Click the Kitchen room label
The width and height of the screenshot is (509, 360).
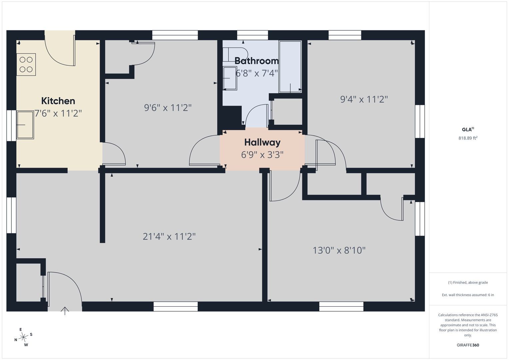(x=58, y=101)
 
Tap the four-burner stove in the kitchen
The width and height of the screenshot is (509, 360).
(x=26, y=64)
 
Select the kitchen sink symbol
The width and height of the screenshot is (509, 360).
(x=25, y=125)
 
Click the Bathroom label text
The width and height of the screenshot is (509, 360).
(x=257, y=61)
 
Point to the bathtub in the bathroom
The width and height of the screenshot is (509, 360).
(x=290, y=67)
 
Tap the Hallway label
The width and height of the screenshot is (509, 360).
(x=262, y=142)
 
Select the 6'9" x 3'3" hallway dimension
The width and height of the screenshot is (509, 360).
(x=262, y=155)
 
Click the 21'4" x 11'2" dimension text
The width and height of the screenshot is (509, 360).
(x=169, y=237)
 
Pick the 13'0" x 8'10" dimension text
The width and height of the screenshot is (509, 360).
(x=339, y=250)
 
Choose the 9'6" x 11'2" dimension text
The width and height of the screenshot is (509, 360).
(x=168, y=108)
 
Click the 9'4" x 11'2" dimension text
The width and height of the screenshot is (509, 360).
(x=364, y=99)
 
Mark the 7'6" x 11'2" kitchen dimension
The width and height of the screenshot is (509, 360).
(x=58, y=113)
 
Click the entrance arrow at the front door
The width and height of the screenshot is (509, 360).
(x=65, y=311)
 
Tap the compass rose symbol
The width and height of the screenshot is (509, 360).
(x=23, y=337)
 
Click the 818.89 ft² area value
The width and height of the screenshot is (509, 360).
(x=468, y=138)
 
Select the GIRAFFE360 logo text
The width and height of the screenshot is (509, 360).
(x=468, y=345)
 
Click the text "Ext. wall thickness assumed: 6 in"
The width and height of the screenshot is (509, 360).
(x=468, y=295)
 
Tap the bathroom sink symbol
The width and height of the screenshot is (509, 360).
(x=230, y=78)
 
